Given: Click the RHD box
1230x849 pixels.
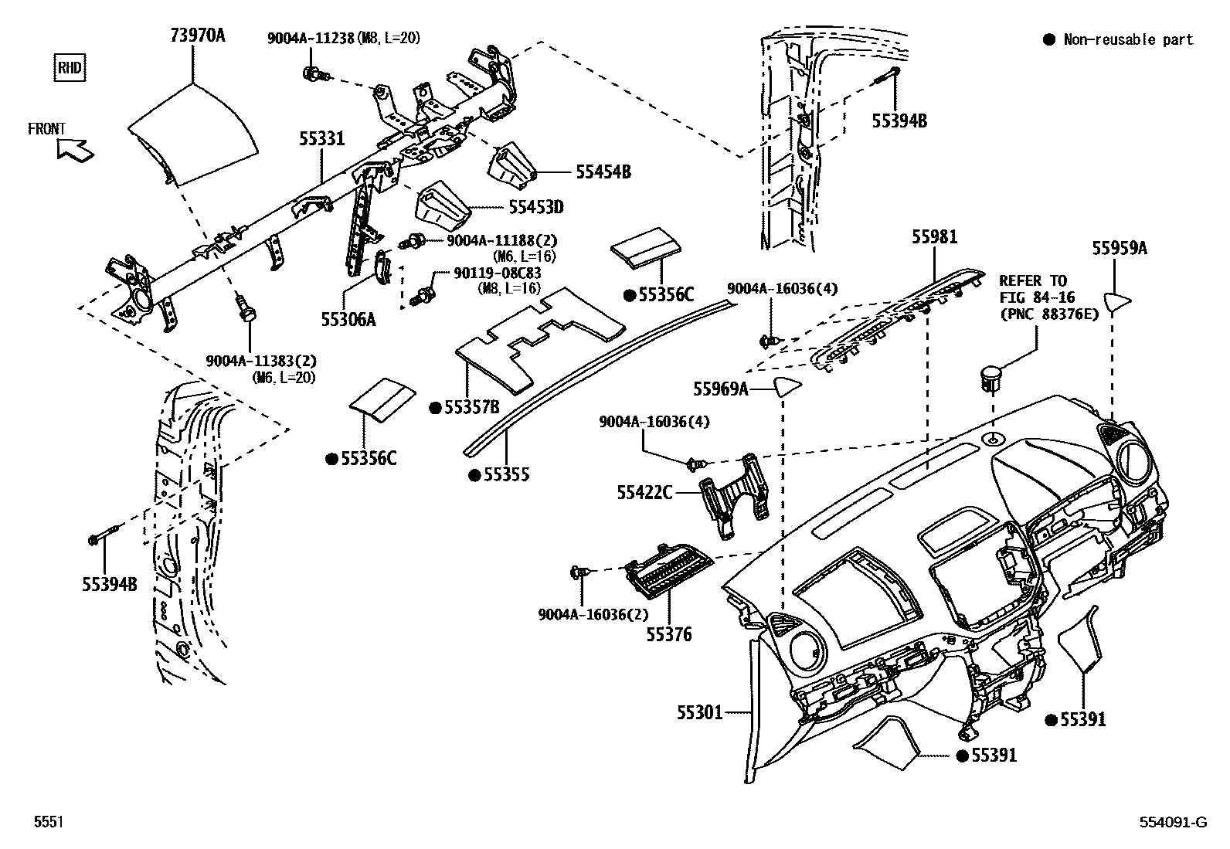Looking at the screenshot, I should (x=69, y=67).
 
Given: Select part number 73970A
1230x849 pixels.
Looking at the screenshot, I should (x=198, y=35).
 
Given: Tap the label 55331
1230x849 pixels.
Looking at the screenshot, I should (x=322, y=138).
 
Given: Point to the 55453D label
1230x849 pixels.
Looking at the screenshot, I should (x=536, y=207).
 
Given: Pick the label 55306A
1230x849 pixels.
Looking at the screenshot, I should (x=348, y=318).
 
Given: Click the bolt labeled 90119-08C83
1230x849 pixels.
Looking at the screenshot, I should (x=424, y=294).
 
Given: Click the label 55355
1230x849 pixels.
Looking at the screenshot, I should (x=506, y=474).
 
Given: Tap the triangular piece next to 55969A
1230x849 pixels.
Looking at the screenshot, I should (x=785, y=386).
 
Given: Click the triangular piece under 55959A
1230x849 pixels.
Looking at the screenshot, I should (x=1116, y=301).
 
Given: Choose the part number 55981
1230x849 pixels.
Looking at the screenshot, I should (x=934, y=237).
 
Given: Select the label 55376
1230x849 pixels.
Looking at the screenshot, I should (x=669, y=635).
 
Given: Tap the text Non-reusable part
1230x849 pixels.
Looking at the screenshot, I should (x=1127, y=39).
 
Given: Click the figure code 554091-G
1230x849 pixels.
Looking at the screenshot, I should (x=1173, y=823).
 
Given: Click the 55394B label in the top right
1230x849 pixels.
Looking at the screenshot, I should (x=899, y=121).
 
